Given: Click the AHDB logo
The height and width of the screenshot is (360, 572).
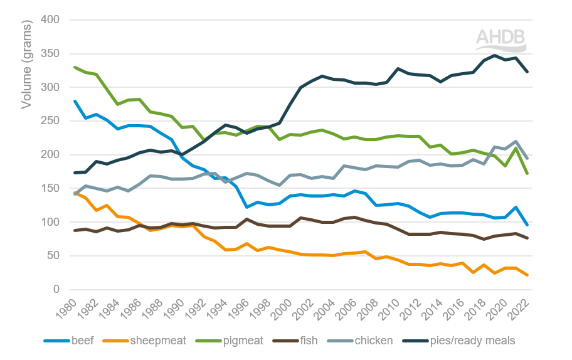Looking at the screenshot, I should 500,40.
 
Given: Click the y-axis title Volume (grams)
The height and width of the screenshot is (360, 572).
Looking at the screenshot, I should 26,63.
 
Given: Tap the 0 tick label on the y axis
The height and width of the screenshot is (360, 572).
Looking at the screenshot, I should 55,289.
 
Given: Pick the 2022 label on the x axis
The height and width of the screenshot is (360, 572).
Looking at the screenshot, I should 522,309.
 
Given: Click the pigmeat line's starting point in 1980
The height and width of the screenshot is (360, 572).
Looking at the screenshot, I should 75,67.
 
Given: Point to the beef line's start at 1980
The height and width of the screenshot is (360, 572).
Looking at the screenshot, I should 75,101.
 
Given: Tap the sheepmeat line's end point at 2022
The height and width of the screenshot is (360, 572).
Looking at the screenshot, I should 527,275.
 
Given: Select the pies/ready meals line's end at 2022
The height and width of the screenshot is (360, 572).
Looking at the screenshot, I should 527,71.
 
